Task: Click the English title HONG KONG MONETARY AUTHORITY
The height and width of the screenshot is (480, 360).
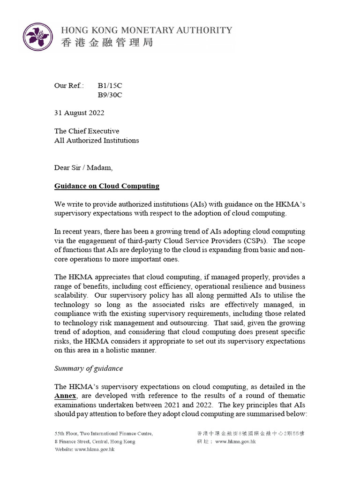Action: (x=147, y=30)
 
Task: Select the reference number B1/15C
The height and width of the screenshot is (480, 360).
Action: (x=110, y=86)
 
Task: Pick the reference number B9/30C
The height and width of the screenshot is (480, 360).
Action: (x=110, y=95)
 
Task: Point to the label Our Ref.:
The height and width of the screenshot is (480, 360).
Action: (x=69, y=86)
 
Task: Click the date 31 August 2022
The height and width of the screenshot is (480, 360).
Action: (x=79, y=113)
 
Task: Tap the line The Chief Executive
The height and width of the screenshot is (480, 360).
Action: (x=87, y=131)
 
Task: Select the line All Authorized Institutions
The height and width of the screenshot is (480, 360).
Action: (x=97, y=140)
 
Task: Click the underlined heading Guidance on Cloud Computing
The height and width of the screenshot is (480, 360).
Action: (x=107, y=186)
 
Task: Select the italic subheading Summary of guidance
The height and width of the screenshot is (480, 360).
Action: (x=89, y=368)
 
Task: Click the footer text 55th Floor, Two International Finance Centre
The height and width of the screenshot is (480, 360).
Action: (x=103, y=434)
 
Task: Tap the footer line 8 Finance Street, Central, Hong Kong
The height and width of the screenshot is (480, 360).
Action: (x=95, y=442)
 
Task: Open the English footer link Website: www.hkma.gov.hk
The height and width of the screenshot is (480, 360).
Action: (x=84, y=449)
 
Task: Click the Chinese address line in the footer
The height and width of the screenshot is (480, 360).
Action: (x=252, y=434)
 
